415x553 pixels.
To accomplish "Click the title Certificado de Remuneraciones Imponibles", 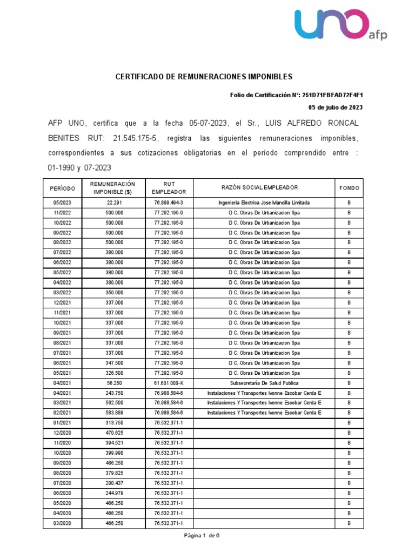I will (x=204, y=77).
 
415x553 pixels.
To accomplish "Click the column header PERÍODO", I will (x=62, y=188).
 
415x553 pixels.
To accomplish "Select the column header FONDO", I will (x=349, y=188).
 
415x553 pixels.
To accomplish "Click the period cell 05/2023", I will (x=62, y=203).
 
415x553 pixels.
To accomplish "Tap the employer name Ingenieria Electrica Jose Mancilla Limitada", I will (x=264, y=203).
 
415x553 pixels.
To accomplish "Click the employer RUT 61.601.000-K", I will (x=169, y=383).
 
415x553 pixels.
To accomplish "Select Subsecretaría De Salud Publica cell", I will (x=264, y=383).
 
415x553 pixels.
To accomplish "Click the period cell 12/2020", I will (x=62, y=433).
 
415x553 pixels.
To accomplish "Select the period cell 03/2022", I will (x=62, y=293).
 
